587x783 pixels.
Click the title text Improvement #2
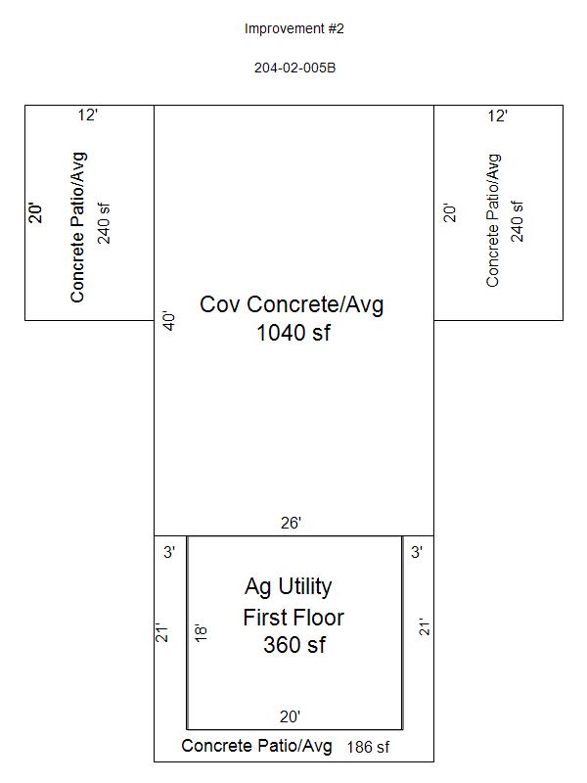294,29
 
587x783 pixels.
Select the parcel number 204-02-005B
295,68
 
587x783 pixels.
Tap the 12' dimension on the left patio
87,115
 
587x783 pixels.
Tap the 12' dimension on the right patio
498,115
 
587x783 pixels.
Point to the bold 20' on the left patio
36,212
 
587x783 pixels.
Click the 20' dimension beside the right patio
450,213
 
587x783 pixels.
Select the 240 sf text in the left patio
105,223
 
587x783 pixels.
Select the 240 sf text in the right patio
518,222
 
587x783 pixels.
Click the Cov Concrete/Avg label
292,304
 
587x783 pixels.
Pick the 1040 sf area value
293,333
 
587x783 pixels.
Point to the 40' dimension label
169,322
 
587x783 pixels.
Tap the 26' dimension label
291,523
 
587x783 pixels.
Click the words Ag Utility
289,587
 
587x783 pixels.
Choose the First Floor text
293,618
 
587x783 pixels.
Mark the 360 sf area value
294,645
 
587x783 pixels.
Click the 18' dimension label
201,632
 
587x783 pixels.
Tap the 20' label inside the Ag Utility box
290,716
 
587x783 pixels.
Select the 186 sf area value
369,747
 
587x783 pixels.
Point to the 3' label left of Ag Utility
169,552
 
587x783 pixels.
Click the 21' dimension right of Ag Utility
425,627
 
